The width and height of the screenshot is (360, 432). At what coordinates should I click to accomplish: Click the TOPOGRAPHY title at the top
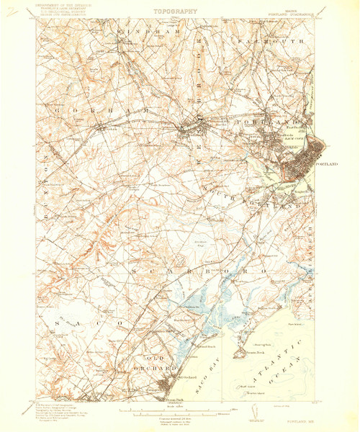(176, 12)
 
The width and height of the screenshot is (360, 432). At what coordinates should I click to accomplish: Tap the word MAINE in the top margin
(294, 8)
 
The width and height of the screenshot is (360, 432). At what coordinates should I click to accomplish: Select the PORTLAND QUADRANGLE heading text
(294, 12)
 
